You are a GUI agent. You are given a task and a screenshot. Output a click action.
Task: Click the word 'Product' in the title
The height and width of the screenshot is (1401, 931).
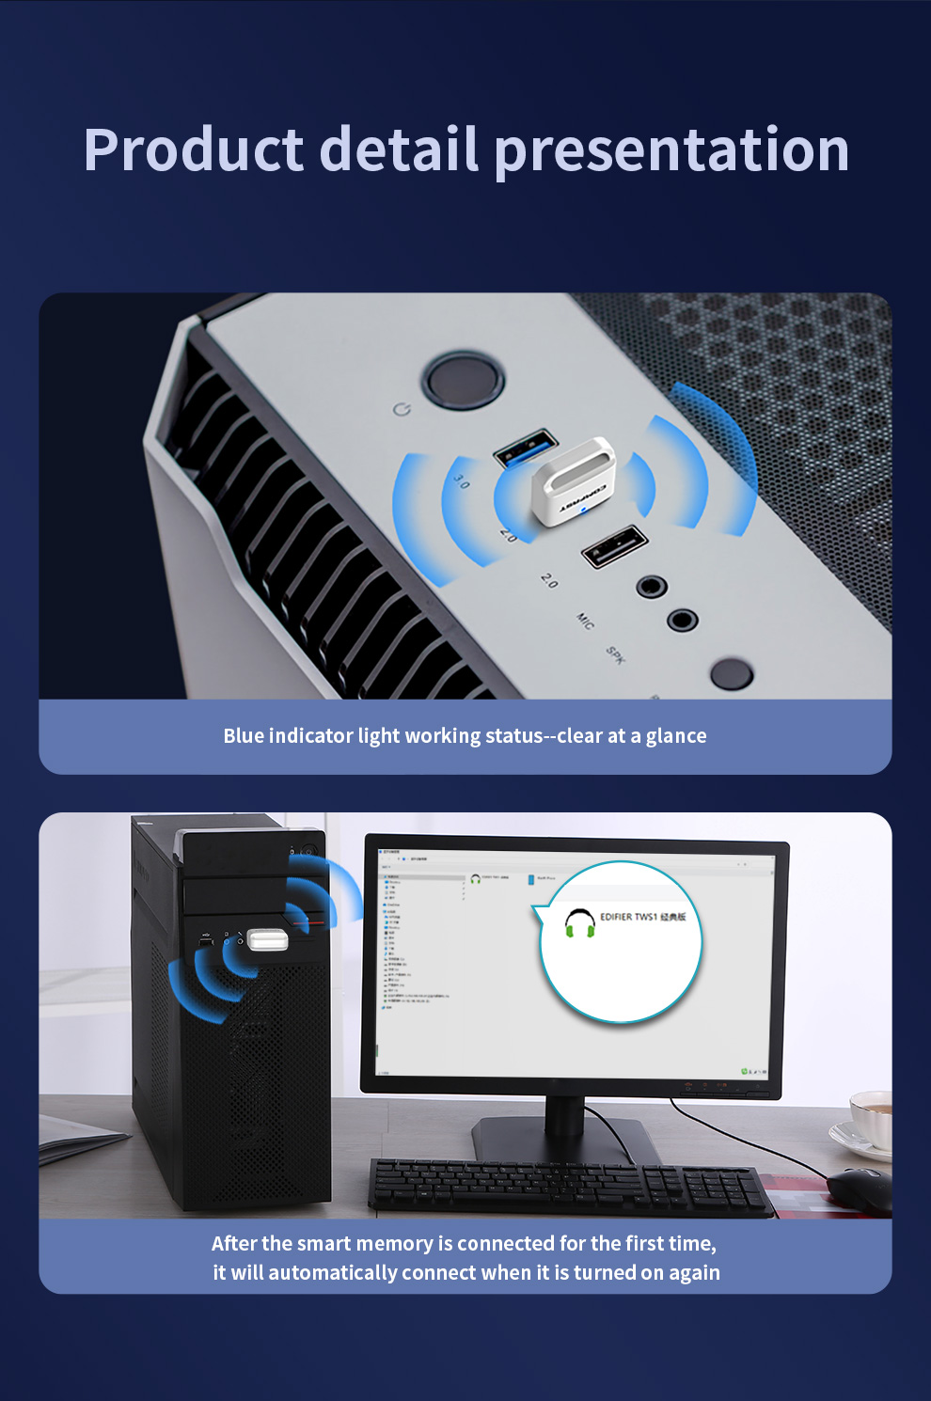(x=194, y=150)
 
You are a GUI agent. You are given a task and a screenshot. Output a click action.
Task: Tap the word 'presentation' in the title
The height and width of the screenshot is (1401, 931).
(x=671, y=150)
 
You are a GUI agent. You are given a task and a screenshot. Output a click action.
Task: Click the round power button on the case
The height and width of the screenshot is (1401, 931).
(x=463, y=379)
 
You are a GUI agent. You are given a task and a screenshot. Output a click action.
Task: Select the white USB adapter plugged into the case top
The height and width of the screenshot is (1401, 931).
(x=573, y=481)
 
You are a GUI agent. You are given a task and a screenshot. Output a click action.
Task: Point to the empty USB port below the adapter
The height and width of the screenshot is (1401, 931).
(x=615, y=546)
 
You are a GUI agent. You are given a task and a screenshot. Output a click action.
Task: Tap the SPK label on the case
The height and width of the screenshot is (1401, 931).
(x=615, y=654)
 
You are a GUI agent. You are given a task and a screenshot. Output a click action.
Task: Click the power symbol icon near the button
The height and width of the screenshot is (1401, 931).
(x=402, y=410)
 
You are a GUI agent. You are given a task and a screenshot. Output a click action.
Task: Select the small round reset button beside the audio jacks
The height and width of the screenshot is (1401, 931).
(x=731, y=673)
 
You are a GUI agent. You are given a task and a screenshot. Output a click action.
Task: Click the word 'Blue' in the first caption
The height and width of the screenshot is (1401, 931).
(x=244, y=736)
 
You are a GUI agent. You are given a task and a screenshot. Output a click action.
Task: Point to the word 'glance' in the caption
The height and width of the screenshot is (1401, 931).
(x=675, y=736)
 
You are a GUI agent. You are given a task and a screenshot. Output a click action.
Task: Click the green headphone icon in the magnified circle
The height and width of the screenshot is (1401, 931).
(x=579, y=923)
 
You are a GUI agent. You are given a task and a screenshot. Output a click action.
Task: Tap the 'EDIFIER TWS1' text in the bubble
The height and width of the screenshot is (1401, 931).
(x=628, y=917)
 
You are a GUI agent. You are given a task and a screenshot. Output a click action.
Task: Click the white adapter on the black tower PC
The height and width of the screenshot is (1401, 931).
(x=267, y=939)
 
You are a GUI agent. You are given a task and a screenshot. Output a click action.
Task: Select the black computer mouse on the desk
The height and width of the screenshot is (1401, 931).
(x=860, y=1188)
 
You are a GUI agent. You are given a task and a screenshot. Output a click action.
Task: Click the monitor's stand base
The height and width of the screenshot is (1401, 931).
(x=564, y=1141)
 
